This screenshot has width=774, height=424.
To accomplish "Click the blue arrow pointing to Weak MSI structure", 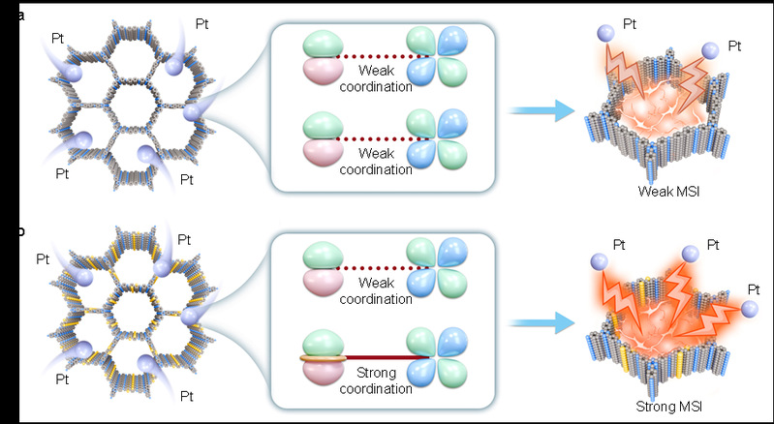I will [539, 112].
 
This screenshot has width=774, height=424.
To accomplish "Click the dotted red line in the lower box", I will [374, 267].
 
